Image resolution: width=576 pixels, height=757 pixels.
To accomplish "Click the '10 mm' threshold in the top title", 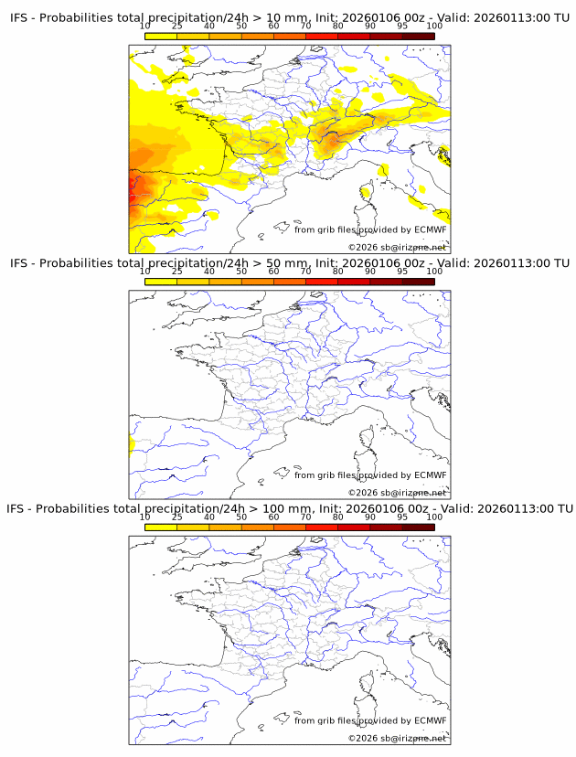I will click(x=288, y=17).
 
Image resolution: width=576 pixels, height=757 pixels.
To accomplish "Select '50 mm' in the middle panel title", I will click(x=288, y=263).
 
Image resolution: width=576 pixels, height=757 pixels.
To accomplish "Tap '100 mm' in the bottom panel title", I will click(x=291, y=508).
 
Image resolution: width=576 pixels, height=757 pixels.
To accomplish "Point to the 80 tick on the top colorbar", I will click(x=338, y=26).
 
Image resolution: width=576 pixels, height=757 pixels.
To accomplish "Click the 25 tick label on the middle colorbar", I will click(x=177, y=272).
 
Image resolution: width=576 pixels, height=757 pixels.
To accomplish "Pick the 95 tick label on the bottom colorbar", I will click(x=402, y=517).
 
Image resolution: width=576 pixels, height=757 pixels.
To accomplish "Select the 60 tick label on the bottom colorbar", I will click(x=273, y=517).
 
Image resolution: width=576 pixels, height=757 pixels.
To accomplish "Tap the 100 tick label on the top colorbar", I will click(x=434, y=26).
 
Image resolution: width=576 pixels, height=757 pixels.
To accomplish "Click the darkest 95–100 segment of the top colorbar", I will click(x=419, y=36).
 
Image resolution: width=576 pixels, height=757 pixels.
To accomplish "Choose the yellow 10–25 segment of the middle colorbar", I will click(x=161, y=282).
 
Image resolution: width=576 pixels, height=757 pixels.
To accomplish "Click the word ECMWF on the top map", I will click(x=431, y=229).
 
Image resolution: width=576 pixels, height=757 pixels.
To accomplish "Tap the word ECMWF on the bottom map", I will click(x=431, y=720).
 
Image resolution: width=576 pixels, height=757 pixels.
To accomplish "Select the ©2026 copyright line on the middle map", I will click(x=397, y=493).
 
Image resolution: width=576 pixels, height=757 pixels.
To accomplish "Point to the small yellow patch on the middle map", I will click(x=132, y=445).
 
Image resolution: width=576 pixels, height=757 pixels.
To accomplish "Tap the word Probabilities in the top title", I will click(x=77, y=17).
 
